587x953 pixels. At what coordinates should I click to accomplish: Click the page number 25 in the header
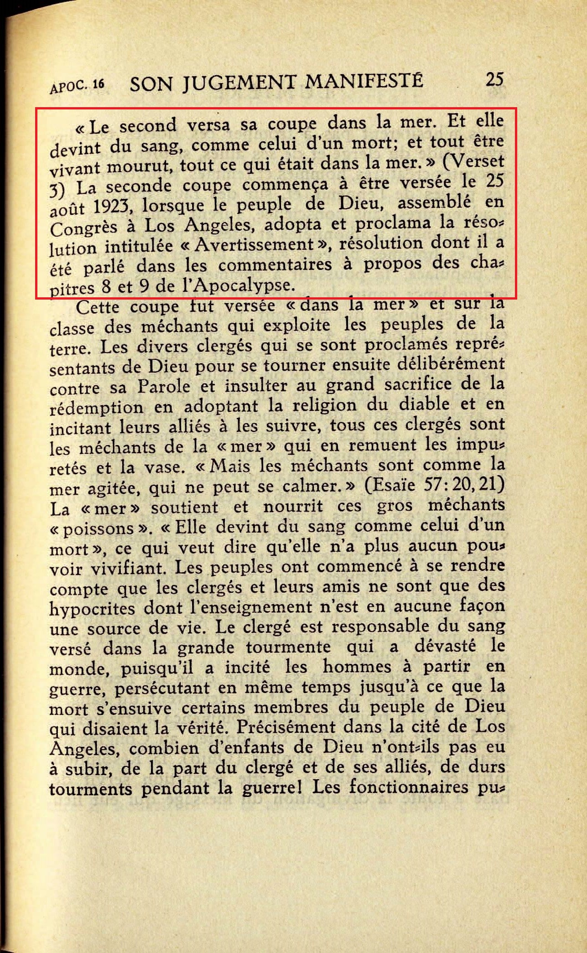494,79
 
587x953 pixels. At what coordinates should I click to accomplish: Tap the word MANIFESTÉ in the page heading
364,82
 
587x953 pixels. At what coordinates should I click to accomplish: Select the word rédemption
96,407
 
